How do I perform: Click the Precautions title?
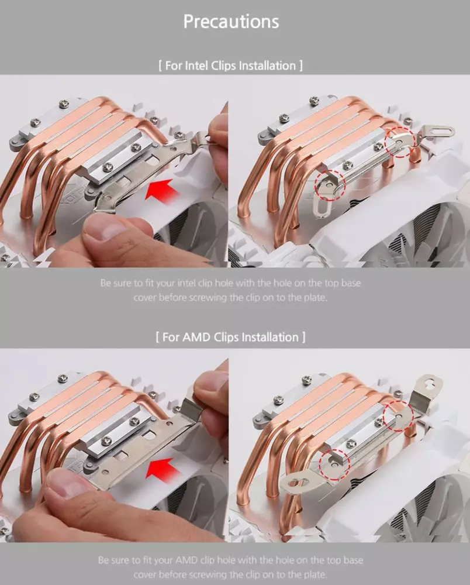231,22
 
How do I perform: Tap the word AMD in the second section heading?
196,338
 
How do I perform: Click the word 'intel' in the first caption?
186,283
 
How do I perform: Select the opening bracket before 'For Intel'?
160,66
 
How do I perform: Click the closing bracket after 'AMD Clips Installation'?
303,338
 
